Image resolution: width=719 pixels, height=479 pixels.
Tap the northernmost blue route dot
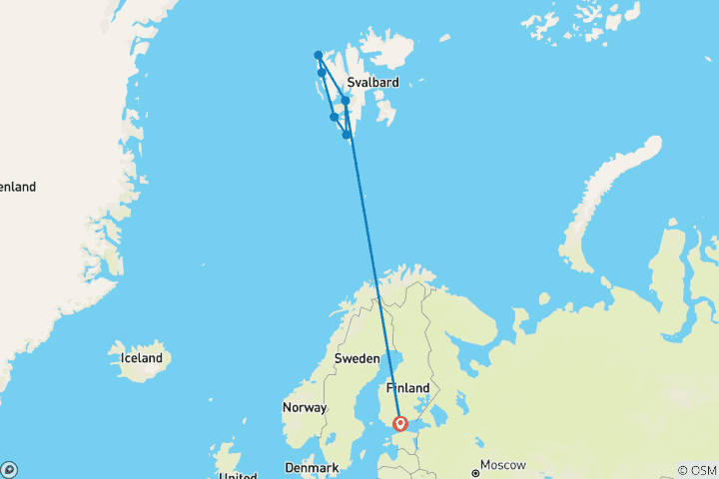tap(318, 55)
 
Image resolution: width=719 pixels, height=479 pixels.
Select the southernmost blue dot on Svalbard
tap(347, 134)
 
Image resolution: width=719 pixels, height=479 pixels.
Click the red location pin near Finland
tap(400, 423)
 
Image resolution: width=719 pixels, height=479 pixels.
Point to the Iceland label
tap(141, 358)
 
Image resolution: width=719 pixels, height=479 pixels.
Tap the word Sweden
tap(356, 358)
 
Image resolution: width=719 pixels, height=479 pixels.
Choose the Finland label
tap(408, 388)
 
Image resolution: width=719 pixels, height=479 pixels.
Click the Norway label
tap(305, 408)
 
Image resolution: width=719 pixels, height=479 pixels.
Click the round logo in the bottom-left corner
tap(9, 469)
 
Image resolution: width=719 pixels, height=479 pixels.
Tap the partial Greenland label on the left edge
tap(17, 187)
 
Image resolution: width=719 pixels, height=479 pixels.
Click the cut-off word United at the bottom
tap(237, 476)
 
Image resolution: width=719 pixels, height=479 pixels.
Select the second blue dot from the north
tap(322, 72)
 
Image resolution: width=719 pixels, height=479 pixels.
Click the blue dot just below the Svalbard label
tap(346, 100)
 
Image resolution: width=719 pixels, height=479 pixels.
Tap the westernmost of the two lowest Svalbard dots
tap(334, 117)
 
